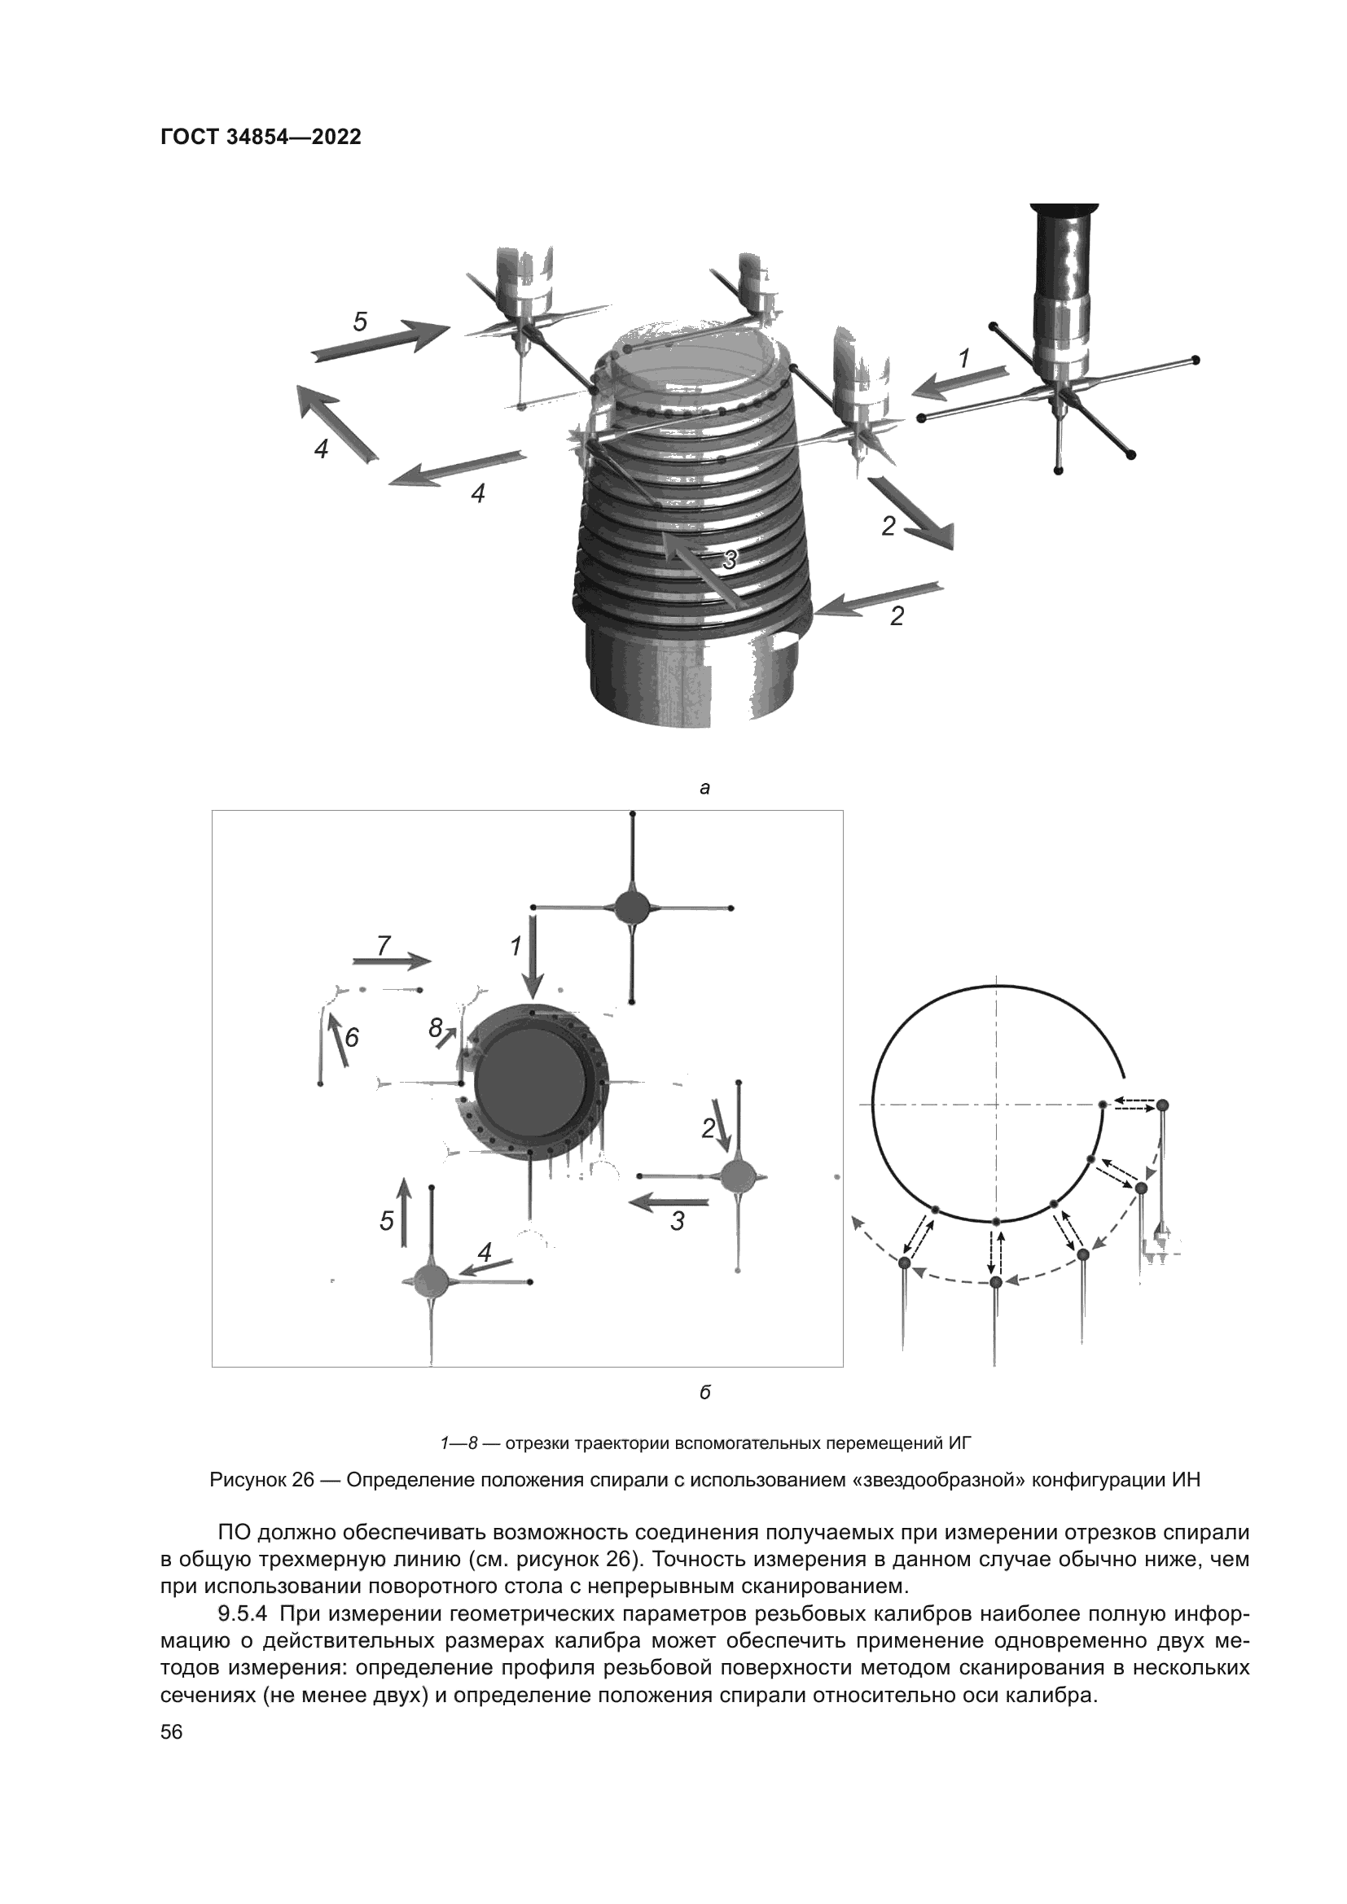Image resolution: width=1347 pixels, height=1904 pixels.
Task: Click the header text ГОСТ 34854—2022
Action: [261, 138]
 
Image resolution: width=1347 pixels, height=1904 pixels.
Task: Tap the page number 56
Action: [172, 1732]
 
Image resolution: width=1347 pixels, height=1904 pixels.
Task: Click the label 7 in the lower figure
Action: [384, 945]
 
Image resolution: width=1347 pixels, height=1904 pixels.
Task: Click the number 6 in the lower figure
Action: [352, 1037]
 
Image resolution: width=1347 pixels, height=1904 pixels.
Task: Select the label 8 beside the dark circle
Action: [436, 1028]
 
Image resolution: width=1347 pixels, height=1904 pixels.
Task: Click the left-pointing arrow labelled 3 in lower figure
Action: [668, 1201]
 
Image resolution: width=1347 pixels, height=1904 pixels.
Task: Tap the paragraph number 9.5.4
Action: [243, 1613]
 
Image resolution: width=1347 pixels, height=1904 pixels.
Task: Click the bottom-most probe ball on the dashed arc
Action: [996, 1282]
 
